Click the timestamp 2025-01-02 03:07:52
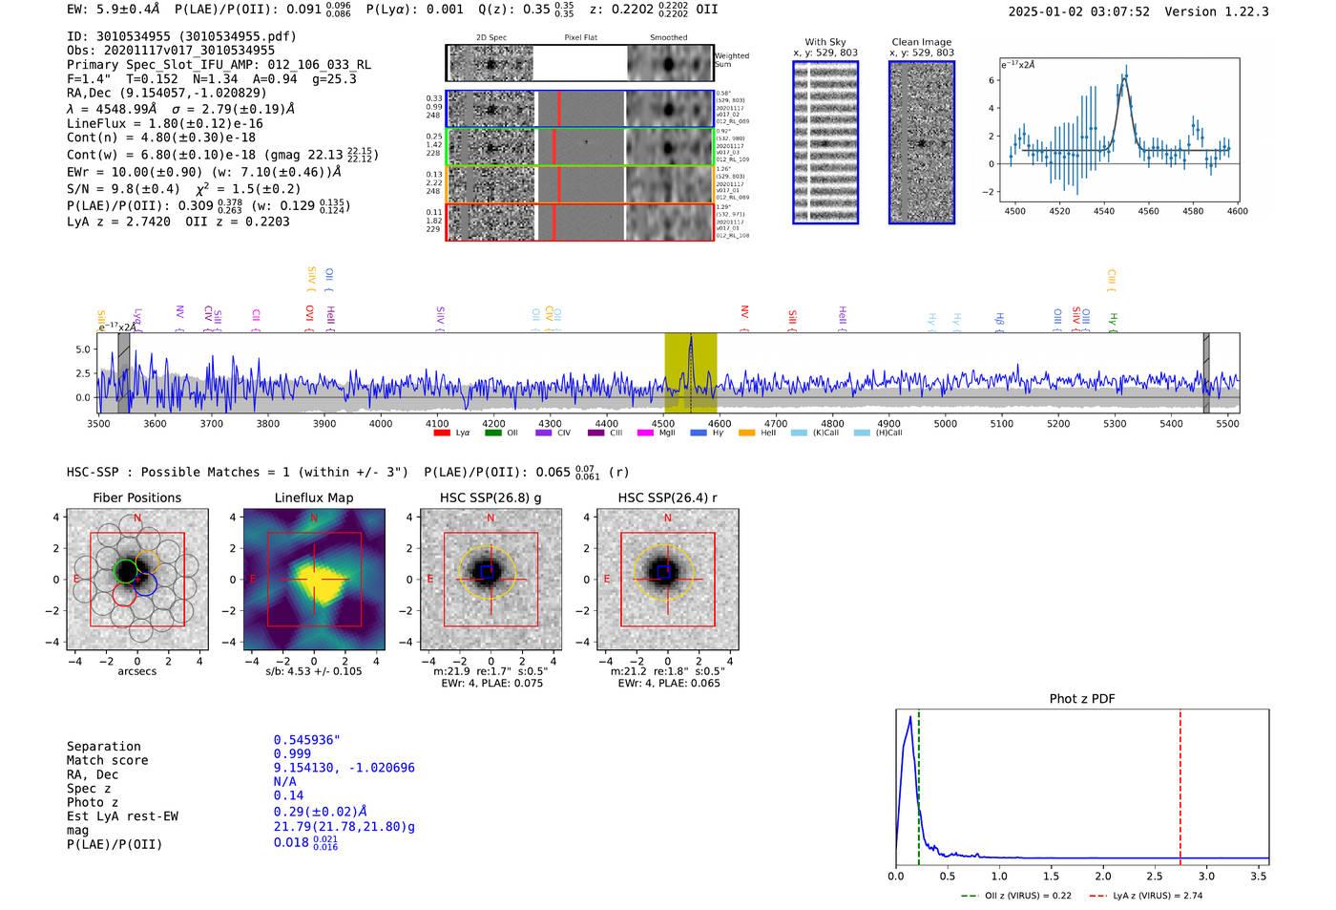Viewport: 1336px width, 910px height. [x=1078, y=12]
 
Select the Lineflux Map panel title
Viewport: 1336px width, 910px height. [x=314, y=497]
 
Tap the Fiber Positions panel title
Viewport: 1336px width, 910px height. [x=137, y=497]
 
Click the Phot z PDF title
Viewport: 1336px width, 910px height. [x=1082, y=699]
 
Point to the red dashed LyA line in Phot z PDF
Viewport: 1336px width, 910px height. [x=1180, y=783]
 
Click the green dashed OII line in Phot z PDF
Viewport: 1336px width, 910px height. [x=918, y=783]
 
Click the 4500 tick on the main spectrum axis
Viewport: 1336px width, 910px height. [x=663, y=424]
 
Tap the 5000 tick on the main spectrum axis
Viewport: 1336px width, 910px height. [x=946, y=424]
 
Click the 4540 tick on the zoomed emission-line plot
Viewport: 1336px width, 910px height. [x=1104, y=211]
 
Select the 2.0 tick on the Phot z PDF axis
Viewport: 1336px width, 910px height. [x=1103, y=876]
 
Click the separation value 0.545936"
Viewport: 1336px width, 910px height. [x=307, y=740]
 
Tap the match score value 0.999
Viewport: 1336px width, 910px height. [x=292, y=754]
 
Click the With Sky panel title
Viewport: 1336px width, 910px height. [x=825, y=42]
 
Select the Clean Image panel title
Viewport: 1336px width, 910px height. [x=922, y=42]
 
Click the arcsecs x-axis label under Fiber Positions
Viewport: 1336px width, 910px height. [x=137, y=671]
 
